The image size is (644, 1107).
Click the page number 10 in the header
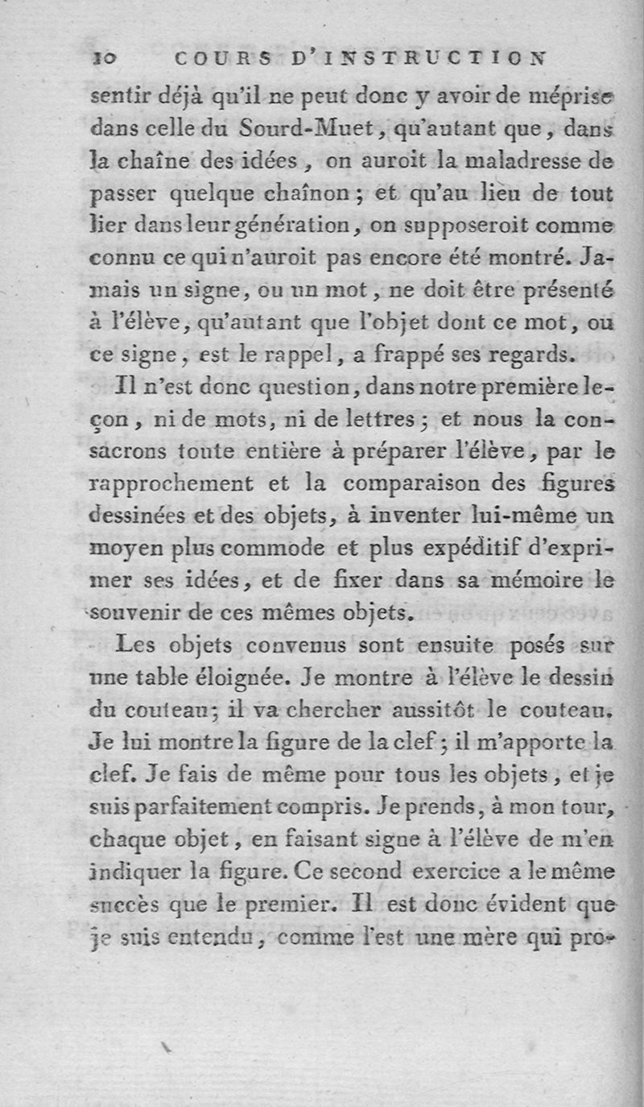pos(106,58)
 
